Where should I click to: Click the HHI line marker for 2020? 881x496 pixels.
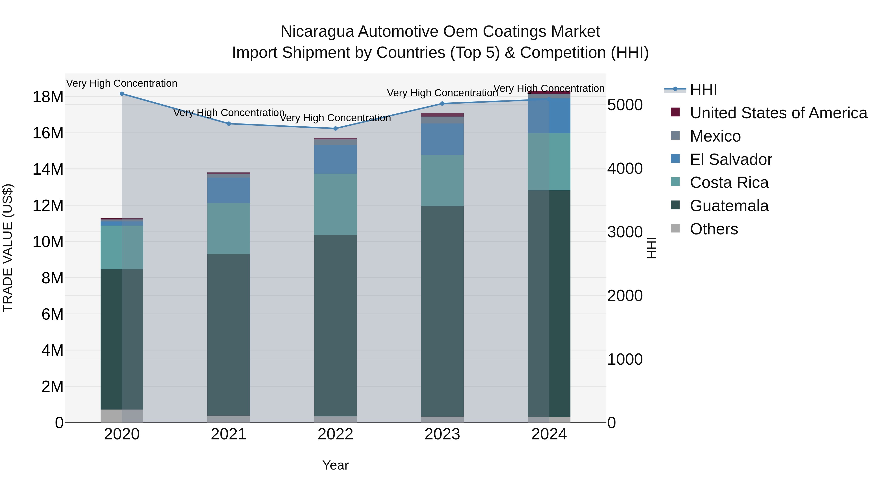[122, 94]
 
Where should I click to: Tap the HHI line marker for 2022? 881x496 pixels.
[336, 129]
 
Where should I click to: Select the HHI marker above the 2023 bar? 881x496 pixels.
[442, 103]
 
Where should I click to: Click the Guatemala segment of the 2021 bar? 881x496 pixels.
[229, 334]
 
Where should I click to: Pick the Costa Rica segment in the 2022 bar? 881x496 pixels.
[336, 204]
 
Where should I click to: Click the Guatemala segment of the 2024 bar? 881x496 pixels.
[549, 303]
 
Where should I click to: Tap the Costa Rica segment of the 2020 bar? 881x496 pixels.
[122, 247]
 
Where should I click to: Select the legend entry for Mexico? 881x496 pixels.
[715, 136]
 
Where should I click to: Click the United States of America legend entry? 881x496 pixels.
[778, 113]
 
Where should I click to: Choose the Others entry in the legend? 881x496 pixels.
[714, 229]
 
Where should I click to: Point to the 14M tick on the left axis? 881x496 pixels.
[48, 169]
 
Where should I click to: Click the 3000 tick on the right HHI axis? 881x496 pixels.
[625, 232]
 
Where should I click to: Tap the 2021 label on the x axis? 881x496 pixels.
[229, 434]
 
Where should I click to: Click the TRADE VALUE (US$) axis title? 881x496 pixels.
[8, 248]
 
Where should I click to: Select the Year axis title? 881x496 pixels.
[335, 465]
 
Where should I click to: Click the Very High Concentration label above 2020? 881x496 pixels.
[122, 83]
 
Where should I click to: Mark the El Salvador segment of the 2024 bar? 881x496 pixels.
[549, 116]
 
